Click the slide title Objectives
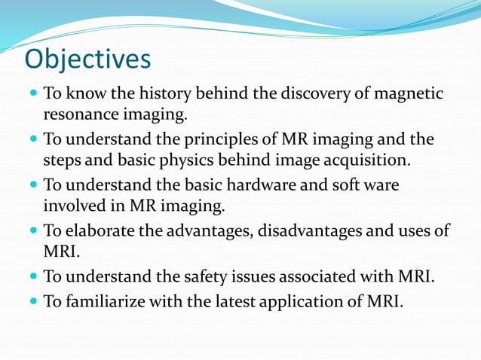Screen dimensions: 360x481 coord(87,58)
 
